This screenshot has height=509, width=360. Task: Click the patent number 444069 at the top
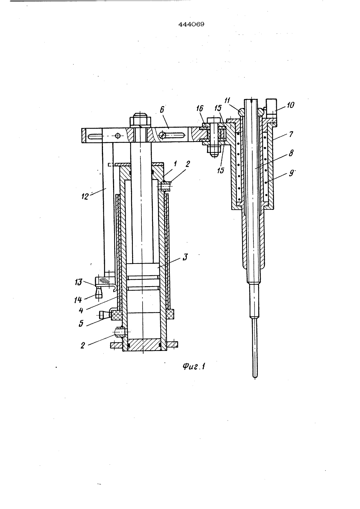(x=191, y=24)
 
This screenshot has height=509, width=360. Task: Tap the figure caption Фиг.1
(x=194, y=366)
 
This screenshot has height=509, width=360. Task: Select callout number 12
(x=85, y=196)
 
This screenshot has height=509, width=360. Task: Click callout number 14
(x=78, y=300)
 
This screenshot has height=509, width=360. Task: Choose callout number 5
(x=81, y=323)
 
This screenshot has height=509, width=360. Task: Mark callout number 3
(x=185, y=257)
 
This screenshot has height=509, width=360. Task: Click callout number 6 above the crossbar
(x=162, y=109)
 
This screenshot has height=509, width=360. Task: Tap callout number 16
(x=200, y=108)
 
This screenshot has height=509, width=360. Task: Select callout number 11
(x=227, y=100)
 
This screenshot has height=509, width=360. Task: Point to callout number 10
(x=291, y=105)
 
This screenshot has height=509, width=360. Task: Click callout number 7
(x=291, y=134)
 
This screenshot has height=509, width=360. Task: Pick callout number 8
(x=291, y=153)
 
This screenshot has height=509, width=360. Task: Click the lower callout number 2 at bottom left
(x=82, y=346)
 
